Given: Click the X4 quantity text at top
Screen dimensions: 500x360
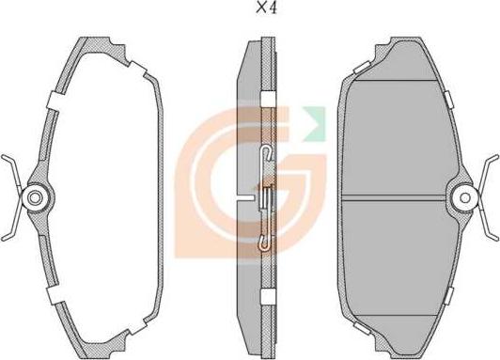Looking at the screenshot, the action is (x=267, y=8).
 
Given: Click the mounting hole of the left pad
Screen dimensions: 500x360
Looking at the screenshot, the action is (x=35, y=197).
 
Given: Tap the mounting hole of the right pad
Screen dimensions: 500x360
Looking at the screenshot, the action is (x=465, y=198).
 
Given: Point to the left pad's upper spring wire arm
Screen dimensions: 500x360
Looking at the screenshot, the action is (x=12, y=170).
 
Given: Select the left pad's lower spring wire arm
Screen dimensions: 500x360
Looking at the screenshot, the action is (x=12, y=225).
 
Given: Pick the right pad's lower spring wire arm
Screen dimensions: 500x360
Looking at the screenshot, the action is (x=487, y=225).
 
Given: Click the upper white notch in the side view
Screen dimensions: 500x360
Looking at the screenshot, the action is (x=268, y=100).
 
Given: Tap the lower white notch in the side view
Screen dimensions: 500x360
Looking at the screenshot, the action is (x=268, y=297).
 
